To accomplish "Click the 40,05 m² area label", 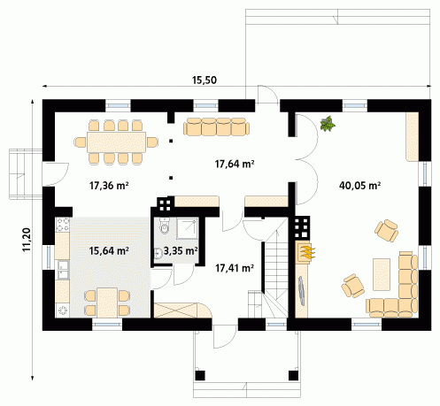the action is coord(359,186).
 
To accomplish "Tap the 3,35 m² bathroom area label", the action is coord(181,251).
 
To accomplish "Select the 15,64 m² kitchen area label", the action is coord(109,251).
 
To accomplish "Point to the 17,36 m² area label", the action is coord(109,186).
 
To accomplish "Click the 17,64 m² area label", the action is coord(235,164).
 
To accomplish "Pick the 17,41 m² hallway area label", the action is coord(235,268).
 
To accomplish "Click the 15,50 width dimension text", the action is coord(205,80).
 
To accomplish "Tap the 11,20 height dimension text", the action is coord(27,240).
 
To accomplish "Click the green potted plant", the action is coord(328,124).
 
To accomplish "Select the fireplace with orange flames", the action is coord(305,252).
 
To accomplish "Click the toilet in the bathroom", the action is coord(165,226).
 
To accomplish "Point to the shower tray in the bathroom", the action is coord(187,228).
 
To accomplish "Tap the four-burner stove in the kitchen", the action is coord(63,225).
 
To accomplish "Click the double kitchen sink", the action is coord(62,270).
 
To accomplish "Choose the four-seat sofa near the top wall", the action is coord(216,126).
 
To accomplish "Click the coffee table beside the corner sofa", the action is coord(382,274).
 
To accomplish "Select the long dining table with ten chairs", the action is coord(116,142).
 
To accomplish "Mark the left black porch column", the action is coord(200,375).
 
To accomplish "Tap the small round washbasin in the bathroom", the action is coord(158,253).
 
